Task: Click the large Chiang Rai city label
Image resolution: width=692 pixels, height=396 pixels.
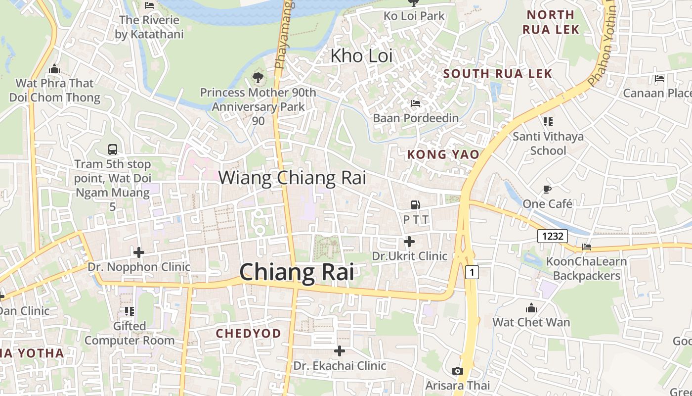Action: (x=297, y=272)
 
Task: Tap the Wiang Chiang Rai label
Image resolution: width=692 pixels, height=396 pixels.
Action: (x=292, y=178)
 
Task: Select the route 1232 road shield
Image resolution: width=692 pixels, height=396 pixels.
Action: (x=553, y=236)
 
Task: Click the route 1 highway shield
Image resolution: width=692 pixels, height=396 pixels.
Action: (x=472, y=272)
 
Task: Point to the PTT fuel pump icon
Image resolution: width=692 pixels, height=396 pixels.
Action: (x=416, y=204)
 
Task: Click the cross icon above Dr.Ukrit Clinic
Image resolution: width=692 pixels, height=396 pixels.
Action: (x=409, y=242)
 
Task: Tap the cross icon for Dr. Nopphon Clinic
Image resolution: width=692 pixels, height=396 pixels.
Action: (x=139, y=252)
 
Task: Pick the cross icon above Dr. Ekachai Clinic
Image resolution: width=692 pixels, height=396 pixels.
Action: (x=340, y=351)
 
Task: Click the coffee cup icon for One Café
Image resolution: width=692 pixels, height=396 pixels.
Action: (x=547, y=189)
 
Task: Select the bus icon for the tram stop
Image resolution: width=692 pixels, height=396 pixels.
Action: (x=113, y=149)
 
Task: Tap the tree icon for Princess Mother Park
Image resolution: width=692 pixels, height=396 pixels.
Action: (x=258, y=77)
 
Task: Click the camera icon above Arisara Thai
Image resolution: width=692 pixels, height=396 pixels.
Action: (x=458, y=371)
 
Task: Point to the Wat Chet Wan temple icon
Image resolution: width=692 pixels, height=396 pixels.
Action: (x=531, y=308)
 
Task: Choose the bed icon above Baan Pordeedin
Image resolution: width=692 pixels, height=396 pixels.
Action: (x=416, y=103)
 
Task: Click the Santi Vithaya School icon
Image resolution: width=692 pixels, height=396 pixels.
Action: (x=548, y=121)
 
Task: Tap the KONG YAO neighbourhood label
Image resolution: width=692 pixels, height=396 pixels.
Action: (x=443, y=154)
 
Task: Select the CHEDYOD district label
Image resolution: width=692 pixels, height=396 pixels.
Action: (x=248, y=333)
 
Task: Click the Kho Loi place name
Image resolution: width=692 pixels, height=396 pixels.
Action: (x=361, y=56)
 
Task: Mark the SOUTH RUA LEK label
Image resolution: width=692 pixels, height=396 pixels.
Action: (x=497, y=74)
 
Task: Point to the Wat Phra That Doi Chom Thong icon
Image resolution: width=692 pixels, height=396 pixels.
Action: (x=54, y=69)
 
